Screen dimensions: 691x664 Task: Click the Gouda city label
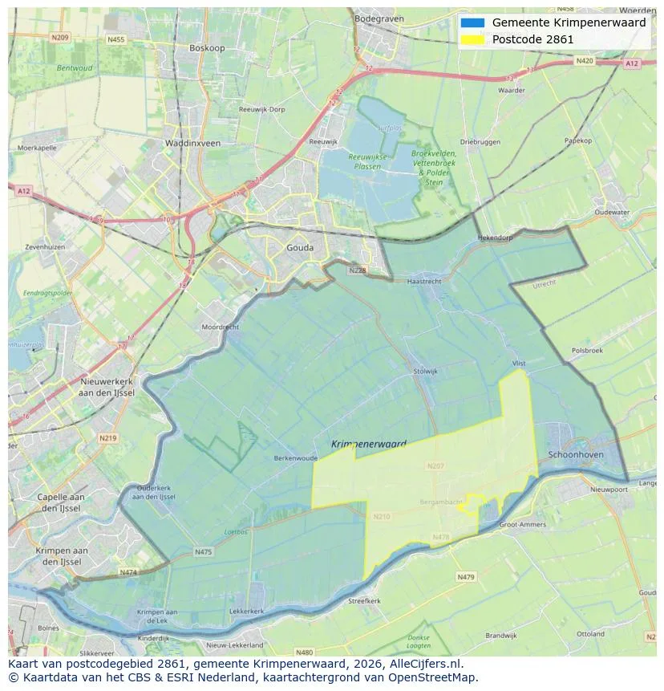300,248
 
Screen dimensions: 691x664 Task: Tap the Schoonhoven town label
575,454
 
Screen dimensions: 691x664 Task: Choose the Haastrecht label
424,282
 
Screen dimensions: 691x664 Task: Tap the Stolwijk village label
425,372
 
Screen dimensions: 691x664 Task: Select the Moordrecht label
220,327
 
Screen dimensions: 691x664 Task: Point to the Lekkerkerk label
247,611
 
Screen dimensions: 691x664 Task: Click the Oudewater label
613,213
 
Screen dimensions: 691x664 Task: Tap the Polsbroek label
587,351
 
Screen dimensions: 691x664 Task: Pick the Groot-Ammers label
522,525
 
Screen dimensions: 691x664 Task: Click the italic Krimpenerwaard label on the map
368,444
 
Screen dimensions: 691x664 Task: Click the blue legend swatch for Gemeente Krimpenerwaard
472,22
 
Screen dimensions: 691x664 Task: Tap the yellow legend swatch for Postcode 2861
472,39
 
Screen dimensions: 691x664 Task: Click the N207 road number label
435,465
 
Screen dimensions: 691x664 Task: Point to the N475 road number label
203,552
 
